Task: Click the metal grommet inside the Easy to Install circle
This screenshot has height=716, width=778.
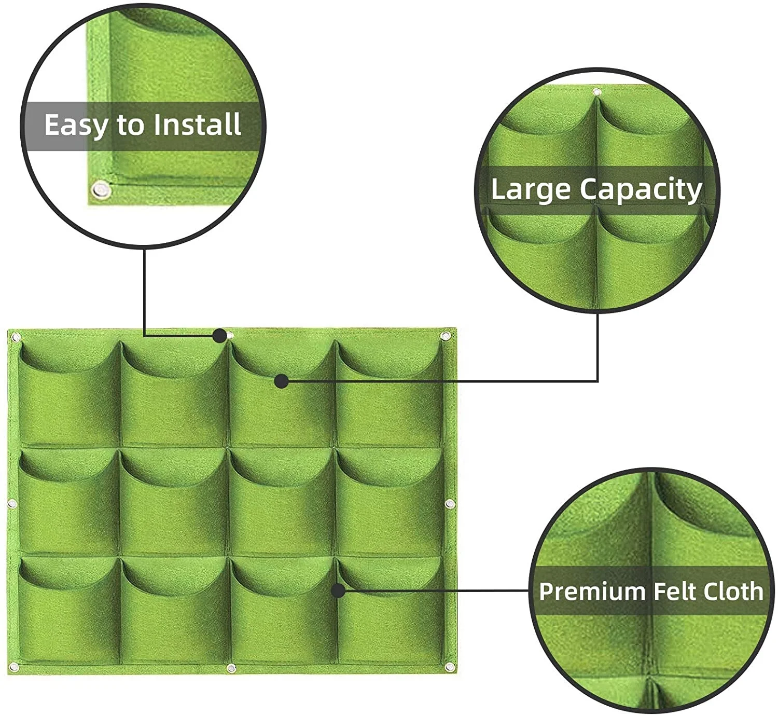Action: (101, 190)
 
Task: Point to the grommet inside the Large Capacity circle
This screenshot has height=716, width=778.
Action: (597, 92)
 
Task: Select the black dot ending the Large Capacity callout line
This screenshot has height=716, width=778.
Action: (282, 381)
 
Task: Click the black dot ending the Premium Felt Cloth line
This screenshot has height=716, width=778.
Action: (339, 591)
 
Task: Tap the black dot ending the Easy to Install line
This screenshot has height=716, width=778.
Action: (220, 336)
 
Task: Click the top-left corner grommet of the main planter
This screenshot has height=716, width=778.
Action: (16, 336)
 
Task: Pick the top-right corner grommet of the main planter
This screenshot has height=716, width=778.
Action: (445, 336)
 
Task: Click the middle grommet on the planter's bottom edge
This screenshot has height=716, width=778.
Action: (231, 668)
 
